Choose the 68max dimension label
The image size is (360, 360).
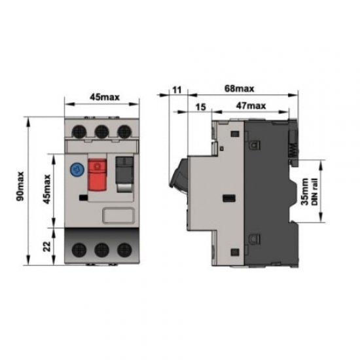(x=240, y=88)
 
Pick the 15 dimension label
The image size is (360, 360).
(x=200, y=106)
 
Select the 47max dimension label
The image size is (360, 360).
(x=251, y=106)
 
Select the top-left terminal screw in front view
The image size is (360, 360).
(x=79, y=131)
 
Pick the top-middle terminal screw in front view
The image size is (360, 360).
(x=101, y=131)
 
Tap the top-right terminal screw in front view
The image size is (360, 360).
(x=123, y=131)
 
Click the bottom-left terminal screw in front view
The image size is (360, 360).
(x=79, y=250)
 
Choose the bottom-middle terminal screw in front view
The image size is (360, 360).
(x=101, y=250)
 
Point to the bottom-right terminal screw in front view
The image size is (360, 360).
(x=123, y=250)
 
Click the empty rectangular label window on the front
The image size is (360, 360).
(x=119, y=215)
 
